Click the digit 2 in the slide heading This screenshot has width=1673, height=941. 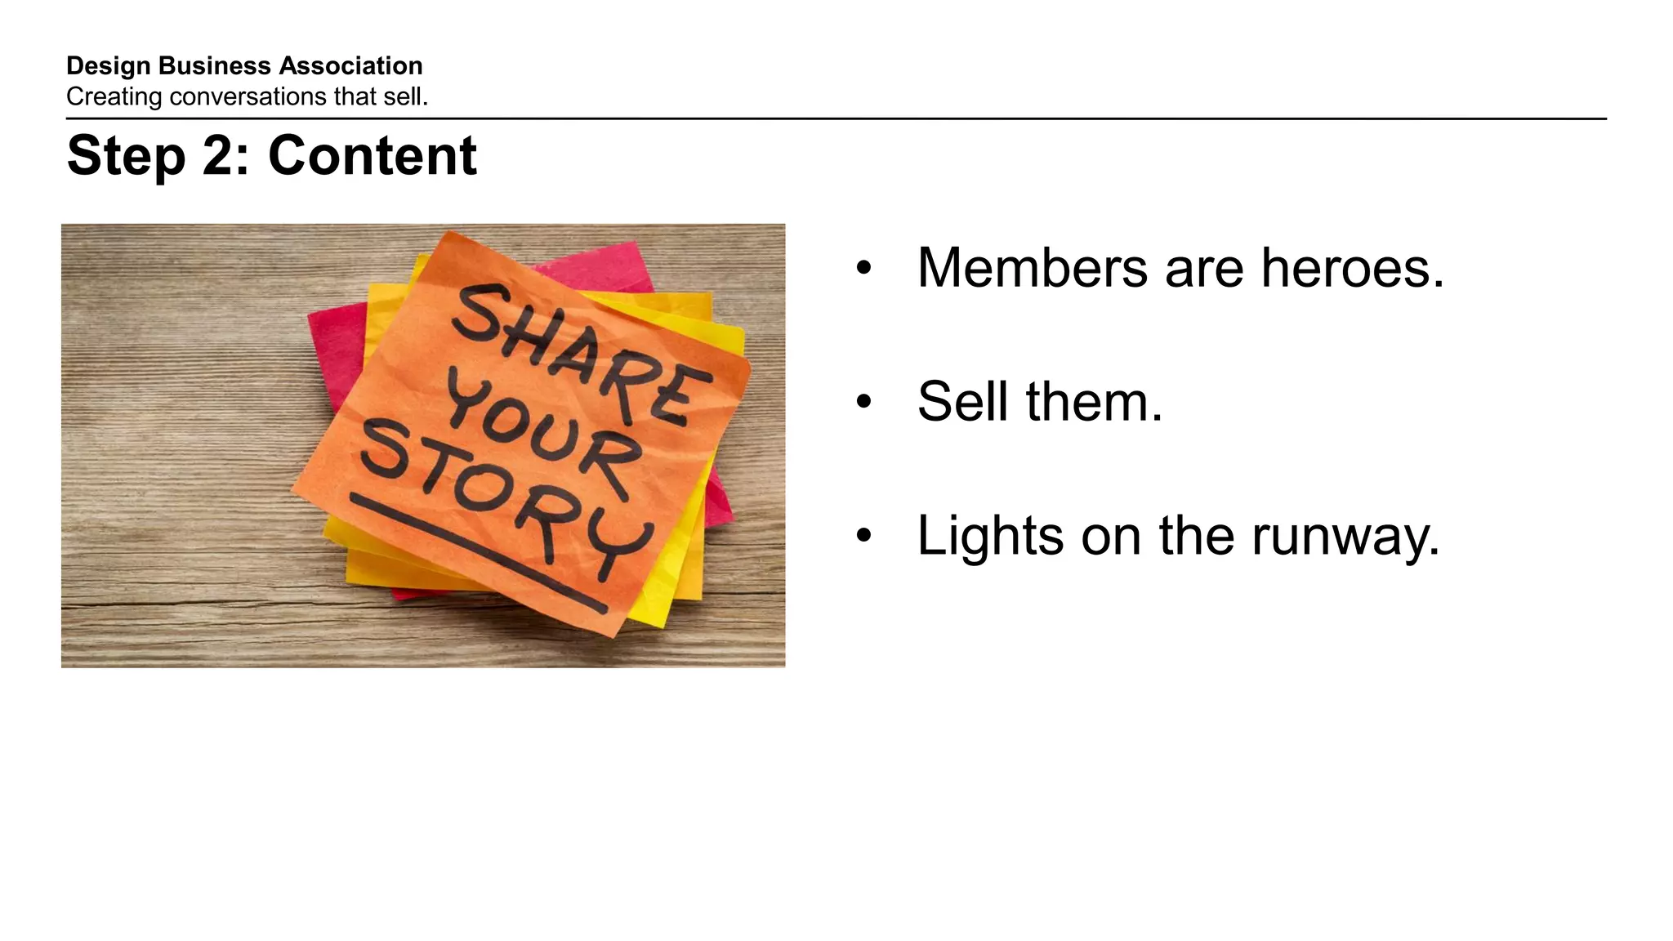point(219,155)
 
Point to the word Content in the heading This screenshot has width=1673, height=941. point(373,155)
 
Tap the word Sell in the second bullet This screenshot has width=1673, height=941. point(963,402)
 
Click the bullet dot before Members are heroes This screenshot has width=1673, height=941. point(864,269)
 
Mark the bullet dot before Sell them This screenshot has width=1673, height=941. point(864,403)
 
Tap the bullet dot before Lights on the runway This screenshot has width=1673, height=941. point(864,537)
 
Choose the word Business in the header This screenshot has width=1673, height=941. point(214,66)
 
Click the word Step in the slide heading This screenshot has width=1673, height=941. point(126,155)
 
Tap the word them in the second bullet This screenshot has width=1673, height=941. point(1094,402)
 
